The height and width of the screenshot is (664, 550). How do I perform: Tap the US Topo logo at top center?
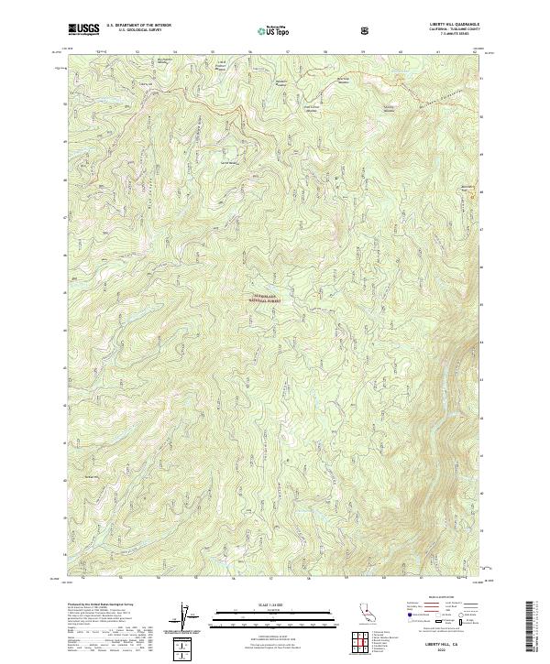tap(265, 29)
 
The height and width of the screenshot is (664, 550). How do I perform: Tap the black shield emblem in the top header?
tap(368, 29)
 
